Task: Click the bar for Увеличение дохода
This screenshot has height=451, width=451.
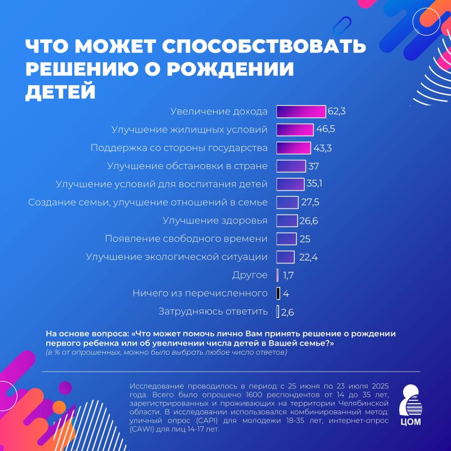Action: pos(301,112)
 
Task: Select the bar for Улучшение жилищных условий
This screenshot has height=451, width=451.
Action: pos(295,130)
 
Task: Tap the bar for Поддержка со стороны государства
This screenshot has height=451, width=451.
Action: pos(294,148)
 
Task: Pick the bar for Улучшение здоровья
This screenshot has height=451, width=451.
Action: pos(287,220)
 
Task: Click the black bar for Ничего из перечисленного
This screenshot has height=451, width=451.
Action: pos(278,293)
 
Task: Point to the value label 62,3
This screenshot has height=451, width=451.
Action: pos(337,112)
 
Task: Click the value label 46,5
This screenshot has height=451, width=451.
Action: pos(326,130)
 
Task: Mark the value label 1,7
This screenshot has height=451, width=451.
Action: pos(289,275)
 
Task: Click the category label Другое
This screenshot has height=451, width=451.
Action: pos(250,275)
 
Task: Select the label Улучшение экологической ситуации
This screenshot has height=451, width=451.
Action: pos(176,257)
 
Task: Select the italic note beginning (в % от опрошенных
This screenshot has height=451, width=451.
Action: pos(166,352)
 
